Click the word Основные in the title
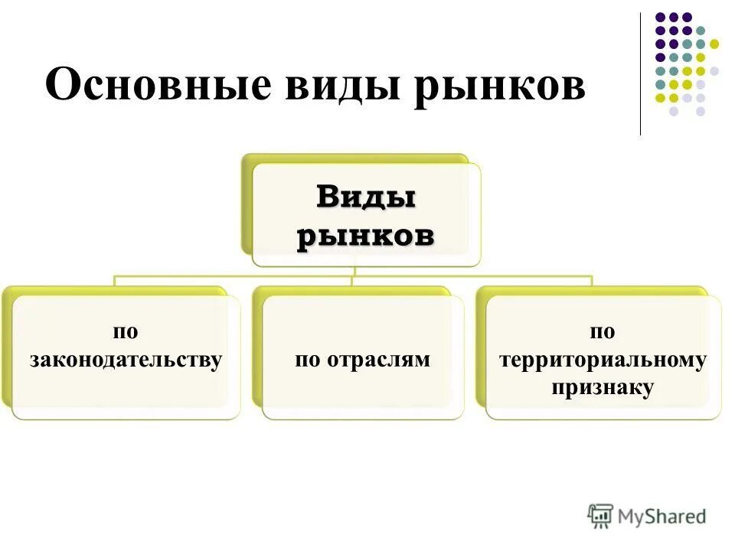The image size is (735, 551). pyautogui.click(x=158, y=85)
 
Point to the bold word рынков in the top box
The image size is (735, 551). pyautogui.click(x=366, y=236)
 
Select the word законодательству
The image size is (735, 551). pyautogui.click(x=126, y=360)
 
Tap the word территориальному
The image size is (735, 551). pyautogui.click(x=603, y=360)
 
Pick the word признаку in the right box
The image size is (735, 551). pyautogui.click(x=603, y=387)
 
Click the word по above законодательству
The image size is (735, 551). pyautogui.click(x=126, y=331)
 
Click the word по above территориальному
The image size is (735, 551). pyautogui.click(x=603, y=331)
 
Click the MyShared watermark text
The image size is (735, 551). pyautogui.click(x=662, y=517)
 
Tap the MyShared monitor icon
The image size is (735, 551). pyautogui.click(x=601, y=516)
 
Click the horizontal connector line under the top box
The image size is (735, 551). pyautogui.click(x=230, y=276)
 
